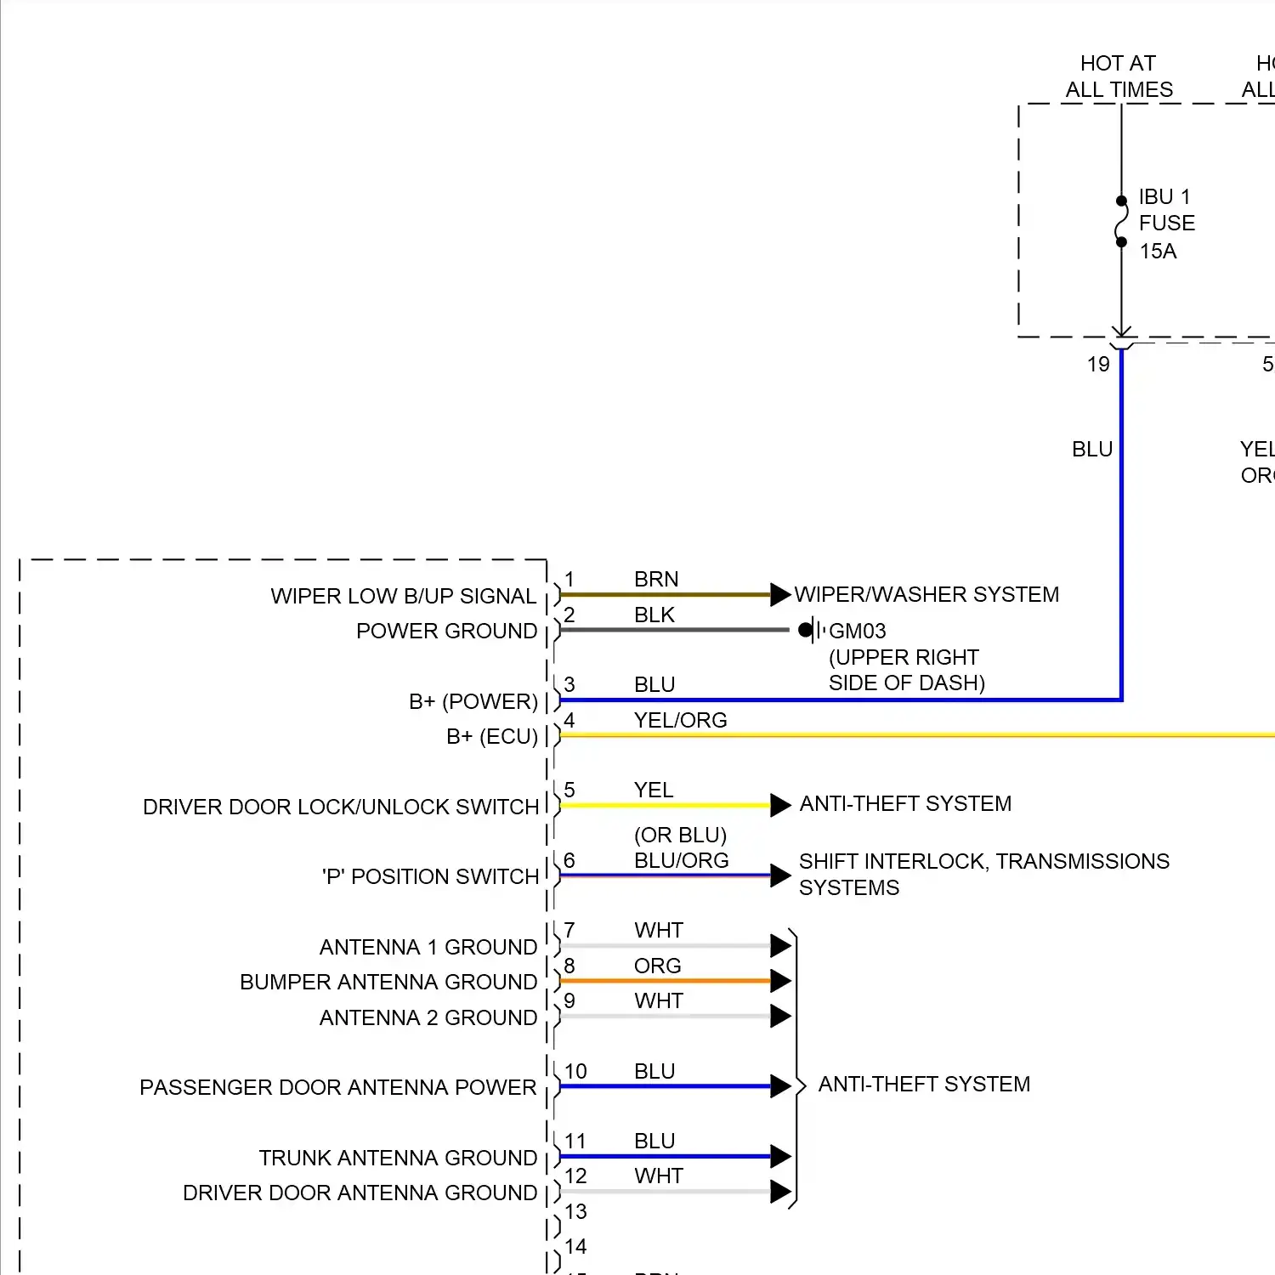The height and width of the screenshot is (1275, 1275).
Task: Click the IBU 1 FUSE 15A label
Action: click(1166, 224)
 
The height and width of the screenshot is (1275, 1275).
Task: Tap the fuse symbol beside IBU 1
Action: click(1121, 222)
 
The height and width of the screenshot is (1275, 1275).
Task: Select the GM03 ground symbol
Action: click(810, 630)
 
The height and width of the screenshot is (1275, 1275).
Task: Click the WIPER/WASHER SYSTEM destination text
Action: click(926, 594)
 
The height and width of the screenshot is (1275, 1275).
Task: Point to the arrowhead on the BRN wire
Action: click(780, 594)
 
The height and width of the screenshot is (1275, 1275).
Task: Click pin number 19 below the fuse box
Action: click(1098, 365)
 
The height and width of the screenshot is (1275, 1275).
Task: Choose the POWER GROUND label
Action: click(446, 631)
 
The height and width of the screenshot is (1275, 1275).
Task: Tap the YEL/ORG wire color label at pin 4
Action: click(680, 720)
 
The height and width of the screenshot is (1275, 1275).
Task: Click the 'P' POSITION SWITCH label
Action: click(430, 876)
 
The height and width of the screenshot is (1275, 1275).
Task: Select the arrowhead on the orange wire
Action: click(780, 981)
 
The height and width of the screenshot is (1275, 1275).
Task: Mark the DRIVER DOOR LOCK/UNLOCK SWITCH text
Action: click(341, 807)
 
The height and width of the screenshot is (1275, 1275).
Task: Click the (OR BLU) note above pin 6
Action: click(680, 835)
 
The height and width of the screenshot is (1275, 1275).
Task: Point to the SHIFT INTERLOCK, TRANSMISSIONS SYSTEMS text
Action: click(983, 874)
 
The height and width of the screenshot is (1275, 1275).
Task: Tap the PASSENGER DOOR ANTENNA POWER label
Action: click(337, 1087)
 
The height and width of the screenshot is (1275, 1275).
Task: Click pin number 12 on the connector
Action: click(575, 1176)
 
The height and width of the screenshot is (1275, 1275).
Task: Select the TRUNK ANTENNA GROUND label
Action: click(398, 1158)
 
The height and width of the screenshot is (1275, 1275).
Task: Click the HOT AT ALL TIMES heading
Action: click(1119, 76)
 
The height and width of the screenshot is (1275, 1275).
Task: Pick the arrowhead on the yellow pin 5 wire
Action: click(780, 805)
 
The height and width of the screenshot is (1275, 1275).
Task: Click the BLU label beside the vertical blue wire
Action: click(1092, 449)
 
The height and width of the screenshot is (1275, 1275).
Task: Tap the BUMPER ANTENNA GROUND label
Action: click(388, 982)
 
